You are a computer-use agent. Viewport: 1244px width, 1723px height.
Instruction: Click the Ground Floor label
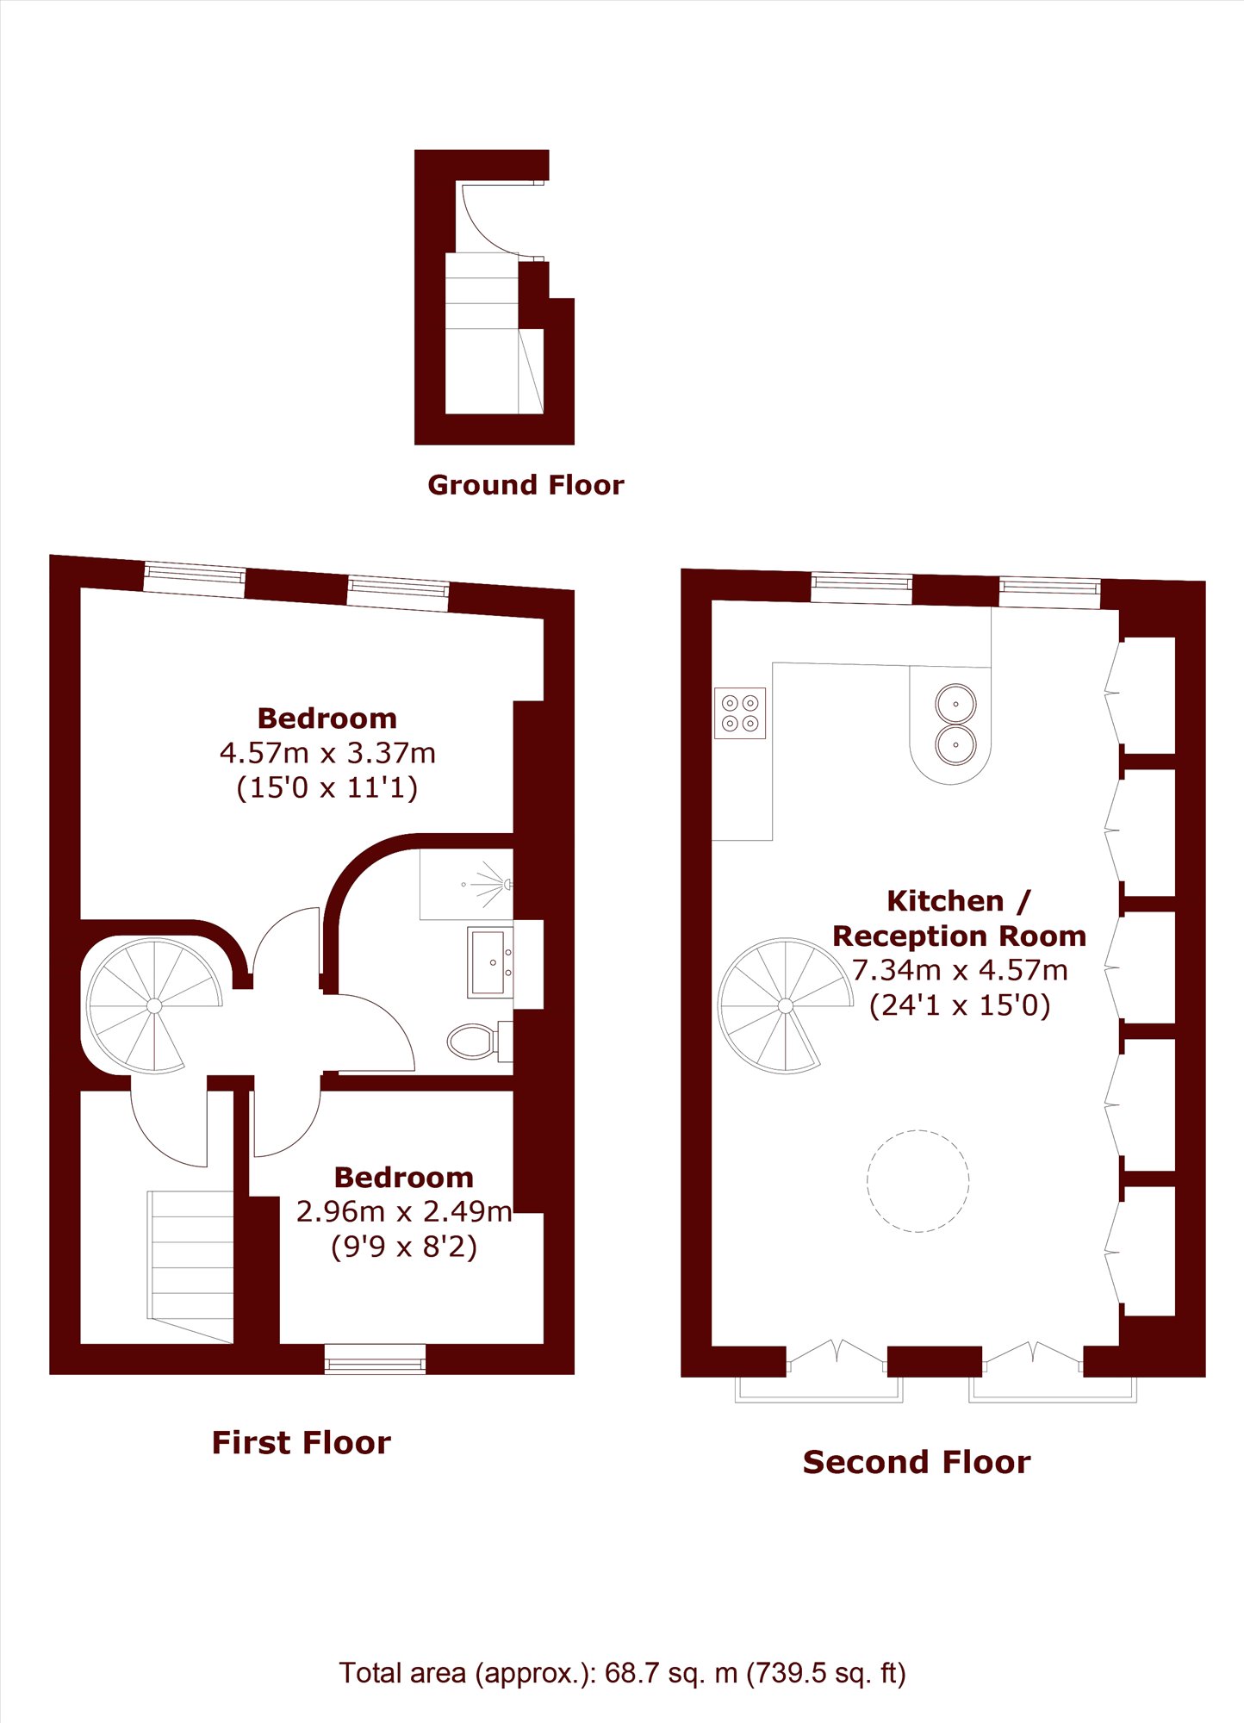point(526,485)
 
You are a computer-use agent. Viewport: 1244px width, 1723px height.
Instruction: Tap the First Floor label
point(302,1442)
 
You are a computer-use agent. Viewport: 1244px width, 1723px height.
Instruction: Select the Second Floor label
point(917,1462)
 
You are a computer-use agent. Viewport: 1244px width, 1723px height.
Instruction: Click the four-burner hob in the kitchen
point(740,713)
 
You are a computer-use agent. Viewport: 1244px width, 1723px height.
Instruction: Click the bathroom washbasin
point(490,962)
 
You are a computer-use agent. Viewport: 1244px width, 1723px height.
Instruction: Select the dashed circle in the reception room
point(918,1181)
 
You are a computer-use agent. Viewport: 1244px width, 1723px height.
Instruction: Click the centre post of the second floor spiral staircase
point(786,1005)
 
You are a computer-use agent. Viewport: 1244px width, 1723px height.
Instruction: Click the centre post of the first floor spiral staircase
point(154,1005)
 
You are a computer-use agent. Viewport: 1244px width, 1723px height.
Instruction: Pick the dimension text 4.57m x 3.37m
point(327,753)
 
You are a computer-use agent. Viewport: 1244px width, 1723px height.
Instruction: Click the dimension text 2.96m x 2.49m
point(404,1211)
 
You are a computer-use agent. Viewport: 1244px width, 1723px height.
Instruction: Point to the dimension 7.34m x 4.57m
point(960,970)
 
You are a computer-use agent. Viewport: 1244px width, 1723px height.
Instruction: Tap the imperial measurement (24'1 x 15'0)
point(960,1005)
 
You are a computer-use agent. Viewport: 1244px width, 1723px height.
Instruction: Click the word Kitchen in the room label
point(946,901)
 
